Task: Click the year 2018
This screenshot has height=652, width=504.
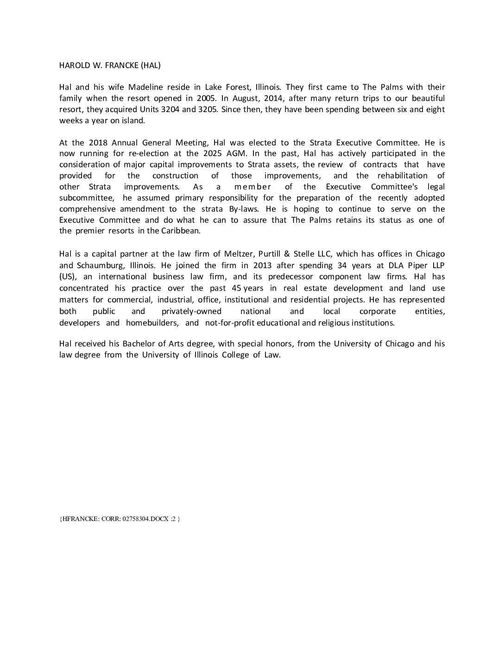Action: point(98,143)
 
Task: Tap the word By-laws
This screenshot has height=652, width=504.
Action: point(244,209)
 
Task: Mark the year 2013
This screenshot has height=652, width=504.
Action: point(263,265)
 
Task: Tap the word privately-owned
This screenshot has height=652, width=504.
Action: point(191,311)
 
